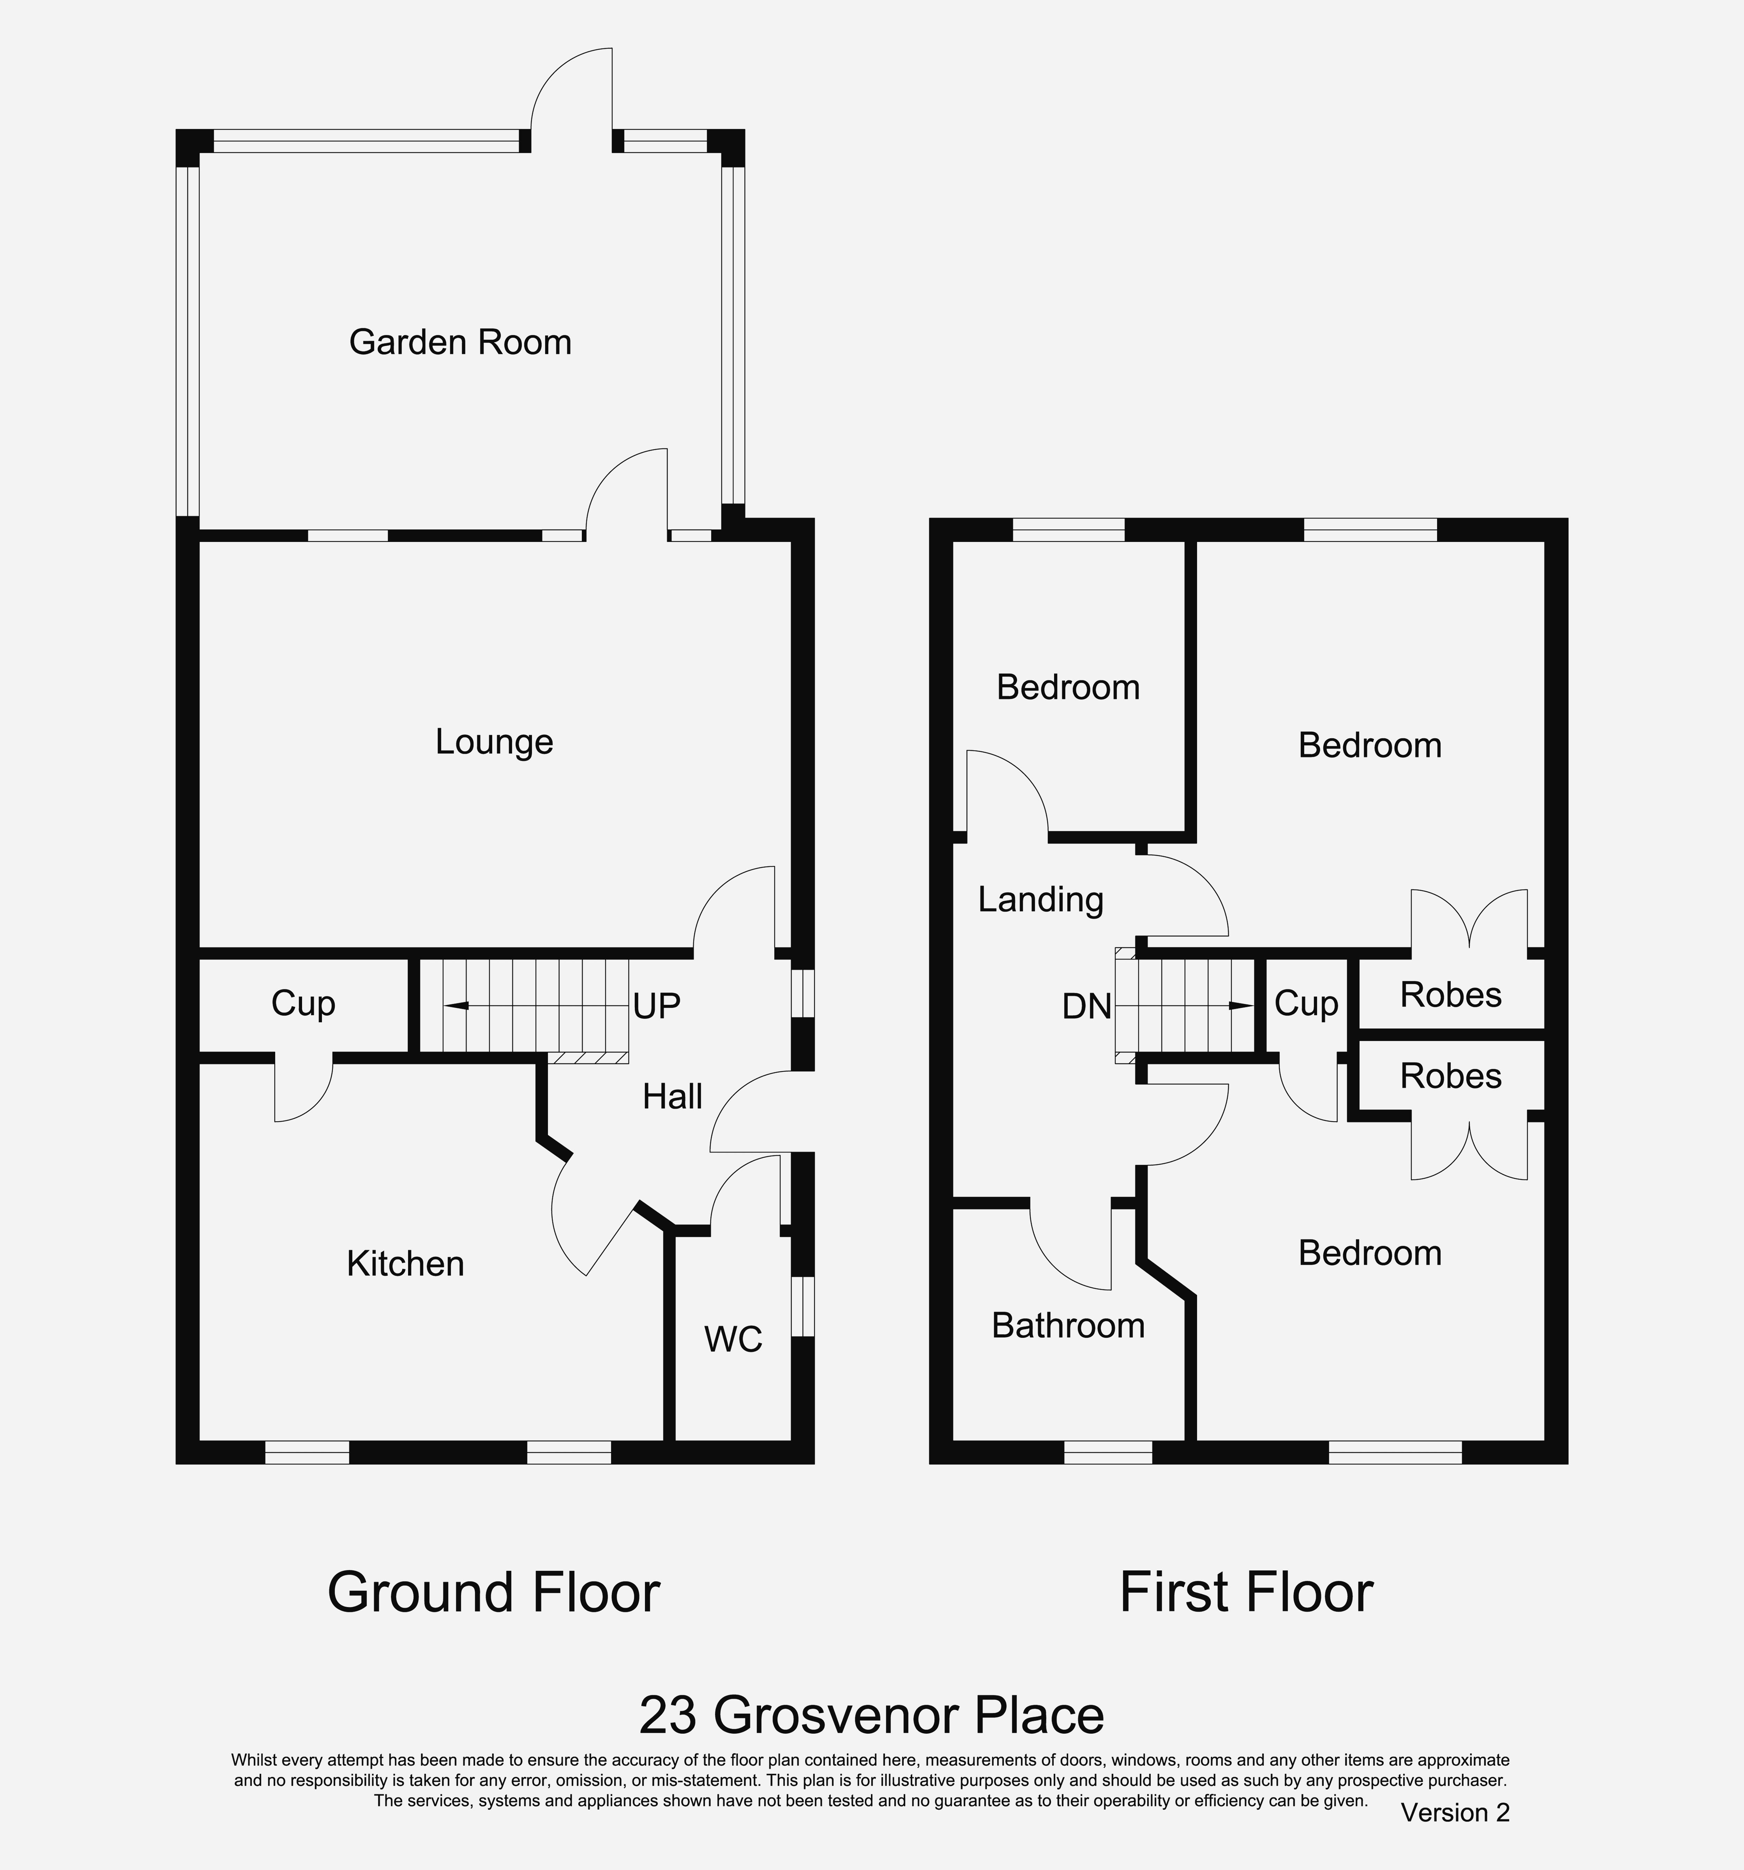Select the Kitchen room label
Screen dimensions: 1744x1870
click(x=405, y=1263)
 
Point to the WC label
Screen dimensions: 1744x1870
click(x=734, y=1340)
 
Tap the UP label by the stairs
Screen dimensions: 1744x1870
click(x=656, y=1006)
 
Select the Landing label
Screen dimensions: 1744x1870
click(x=1040, y=900)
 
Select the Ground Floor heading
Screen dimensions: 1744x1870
click(x=494, y=1592)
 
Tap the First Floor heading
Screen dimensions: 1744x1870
click(x=1246, y=1592)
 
